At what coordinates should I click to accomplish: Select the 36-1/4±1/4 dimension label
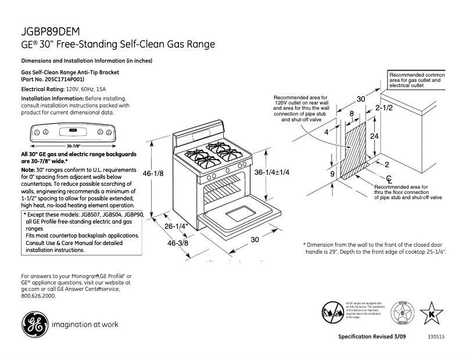click(x=271, y=172)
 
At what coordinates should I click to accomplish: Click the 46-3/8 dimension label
click(x=178, y=243)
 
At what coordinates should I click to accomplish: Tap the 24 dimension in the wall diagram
click(x=375, y=136)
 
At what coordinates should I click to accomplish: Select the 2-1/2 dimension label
click(x=385, y=108)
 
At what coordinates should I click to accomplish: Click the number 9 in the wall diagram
click(x=332, y=174)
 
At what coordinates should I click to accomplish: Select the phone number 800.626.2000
click(x=38, y=296)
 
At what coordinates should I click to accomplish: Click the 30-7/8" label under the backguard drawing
click(x=73, y=145)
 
